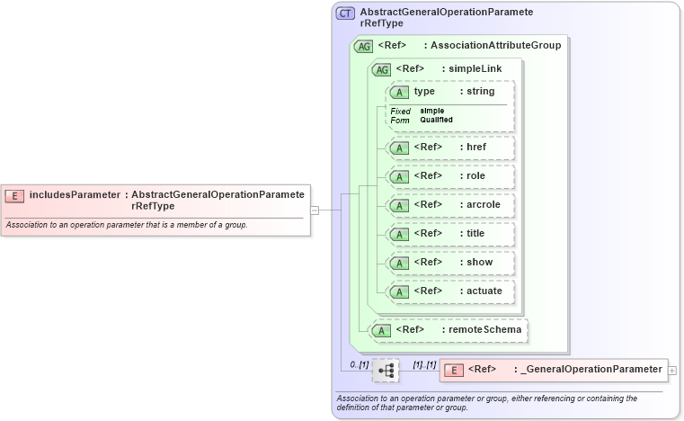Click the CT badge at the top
[x=345, y=13]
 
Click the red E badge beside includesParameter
[x=14, y=194]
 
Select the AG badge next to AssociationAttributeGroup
[x=364, y=46]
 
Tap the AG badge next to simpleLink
[x=381, y=69]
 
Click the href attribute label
[x=475, y=147]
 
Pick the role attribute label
[x=475, y=175]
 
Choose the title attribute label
[x=475, y=233]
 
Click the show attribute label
[x=479, y=262]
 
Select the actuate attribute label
[x=484, y=291]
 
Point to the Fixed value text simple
[x=431, y=111]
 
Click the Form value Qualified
[x=436, y=120]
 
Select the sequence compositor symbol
[x=386, y=370]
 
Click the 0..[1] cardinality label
[x=359, y=364]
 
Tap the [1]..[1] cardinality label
[x=423, y=364]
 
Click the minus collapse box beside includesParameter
[x=315, y=210]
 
